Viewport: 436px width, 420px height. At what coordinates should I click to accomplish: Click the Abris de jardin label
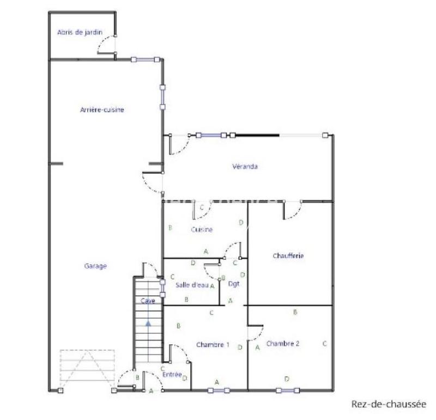[80, 32]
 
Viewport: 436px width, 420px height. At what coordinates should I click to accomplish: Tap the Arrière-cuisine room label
[102, 109]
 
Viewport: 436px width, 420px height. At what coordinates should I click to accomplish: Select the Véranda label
[245, 167]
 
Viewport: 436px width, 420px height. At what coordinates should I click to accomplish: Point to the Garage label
[95, 266]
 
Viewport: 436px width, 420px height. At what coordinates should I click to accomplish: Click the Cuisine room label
[202, 230]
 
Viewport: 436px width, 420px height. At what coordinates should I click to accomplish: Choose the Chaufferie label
[288, 255]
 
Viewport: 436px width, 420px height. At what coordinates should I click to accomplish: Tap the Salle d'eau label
[191, 285]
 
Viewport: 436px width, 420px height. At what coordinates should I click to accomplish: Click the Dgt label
[234, 284]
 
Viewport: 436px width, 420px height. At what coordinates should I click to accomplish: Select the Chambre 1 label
[213, 344]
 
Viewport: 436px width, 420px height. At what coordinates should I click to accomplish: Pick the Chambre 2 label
[282, 344]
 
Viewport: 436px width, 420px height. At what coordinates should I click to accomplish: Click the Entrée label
[172, 374]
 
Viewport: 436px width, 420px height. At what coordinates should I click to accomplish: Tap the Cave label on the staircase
[148, 301]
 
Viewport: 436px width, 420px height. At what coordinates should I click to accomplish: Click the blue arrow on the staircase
[148, 323]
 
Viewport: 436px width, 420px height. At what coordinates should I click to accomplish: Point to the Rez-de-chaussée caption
[388, 404]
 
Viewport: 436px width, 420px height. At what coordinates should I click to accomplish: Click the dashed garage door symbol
[87, 366]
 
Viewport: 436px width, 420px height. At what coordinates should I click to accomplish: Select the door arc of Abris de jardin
[106, 45]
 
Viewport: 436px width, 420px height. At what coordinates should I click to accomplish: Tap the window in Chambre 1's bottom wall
[219, 390]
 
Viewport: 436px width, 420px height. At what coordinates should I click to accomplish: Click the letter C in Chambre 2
[324, 344]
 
